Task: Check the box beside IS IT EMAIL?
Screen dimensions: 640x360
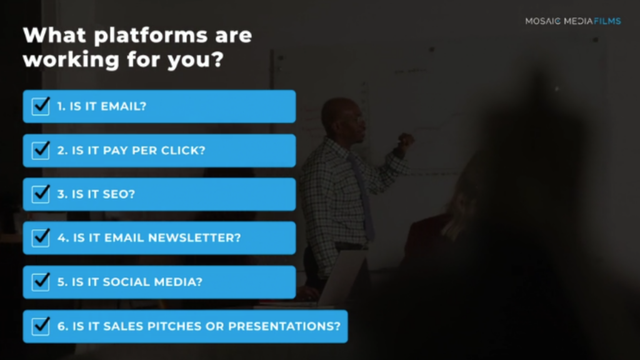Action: [41, 106]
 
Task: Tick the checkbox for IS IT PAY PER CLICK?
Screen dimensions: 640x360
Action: [41, 150]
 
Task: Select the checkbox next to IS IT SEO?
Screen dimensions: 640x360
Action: [41, 194]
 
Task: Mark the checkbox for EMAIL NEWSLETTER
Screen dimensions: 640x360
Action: [41, 237]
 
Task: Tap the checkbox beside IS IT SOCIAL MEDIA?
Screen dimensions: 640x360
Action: [41, 282]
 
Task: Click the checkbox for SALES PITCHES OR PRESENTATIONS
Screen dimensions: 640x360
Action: [41, 326]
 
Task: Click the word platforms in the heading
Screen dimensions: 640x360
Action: [151, 36]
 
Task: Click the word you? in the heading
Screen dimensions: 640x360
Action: [196, 61]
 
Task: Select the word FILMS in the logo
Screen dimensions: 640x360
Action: [607, 21]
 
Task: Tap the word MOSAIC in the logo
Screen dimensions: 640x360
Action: [543, 21]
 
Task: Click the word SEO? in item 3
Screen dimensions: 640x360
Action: [119, 194]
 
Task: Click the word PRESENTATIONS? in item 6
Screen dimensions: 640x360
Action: [284, 326]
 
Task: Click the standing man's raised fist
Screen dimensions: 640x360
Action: [405, 141]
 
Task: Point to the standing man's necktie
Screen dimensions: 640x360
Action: [362, 196]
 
